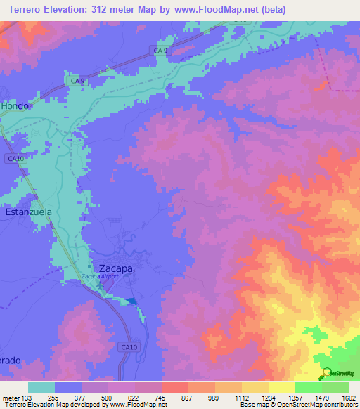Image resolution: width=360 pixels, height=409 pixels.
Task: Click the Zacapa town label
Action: click(115, 268)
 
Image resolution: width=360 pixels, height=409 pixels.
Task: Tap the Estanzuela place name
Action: click(29, 211)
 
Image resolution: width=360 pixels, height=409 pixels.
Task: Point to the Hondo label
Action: click(15, 105)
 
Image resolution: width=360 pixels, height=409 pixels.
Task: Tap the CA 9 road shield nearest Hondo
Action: click(78, 82)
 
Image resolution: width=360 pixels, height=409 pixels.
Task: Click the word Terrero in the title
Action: click(26, 10)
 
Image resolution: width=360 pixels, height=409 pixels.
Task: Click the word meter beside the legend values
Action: click(11, 398)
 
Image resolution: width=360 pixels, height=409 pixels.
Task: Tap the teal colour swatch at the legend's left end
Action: click(41, 387)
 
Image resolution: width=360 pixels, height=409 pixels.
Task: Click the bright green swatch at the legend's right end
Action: click(335, 387)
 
